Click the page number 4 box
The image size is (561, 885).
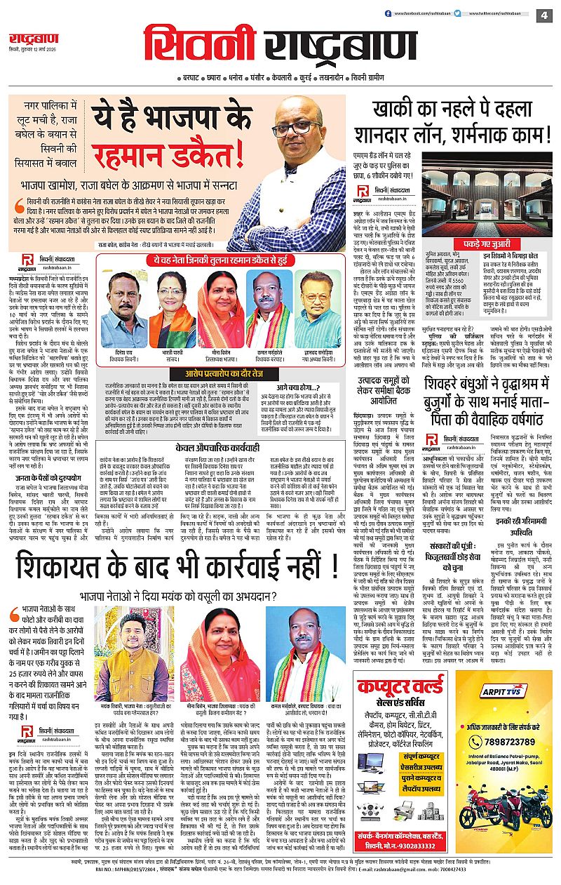pyautogui.click(x=543, y=15)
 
